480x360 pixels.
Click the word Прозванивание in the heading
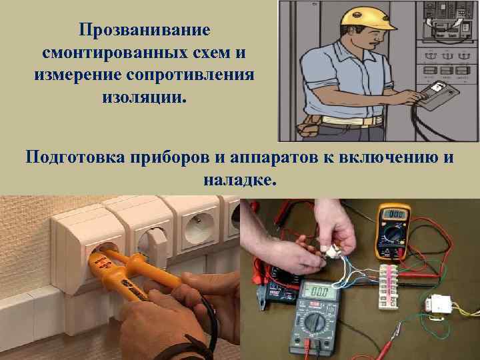coord(145,30)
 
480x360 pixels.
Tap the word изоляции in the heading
coord(144,97)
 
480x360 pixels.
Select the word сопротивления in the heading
coord(191,75)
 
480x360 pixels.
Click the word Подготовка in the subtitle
coord(75,157)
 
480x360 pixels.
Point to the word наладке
coord(240,179)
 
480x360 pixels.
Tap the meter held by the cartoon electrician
coord(439,95)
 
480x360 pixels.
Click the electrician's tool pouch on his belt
coord(309,125)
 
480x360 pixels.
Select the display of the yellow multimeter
coord(394,214)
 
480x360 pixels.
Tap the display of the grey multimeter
coord(319,292)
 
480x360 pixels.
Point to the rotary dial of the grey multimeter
coord(315,321)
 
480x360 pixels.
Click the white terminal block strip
coord(389,286)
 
